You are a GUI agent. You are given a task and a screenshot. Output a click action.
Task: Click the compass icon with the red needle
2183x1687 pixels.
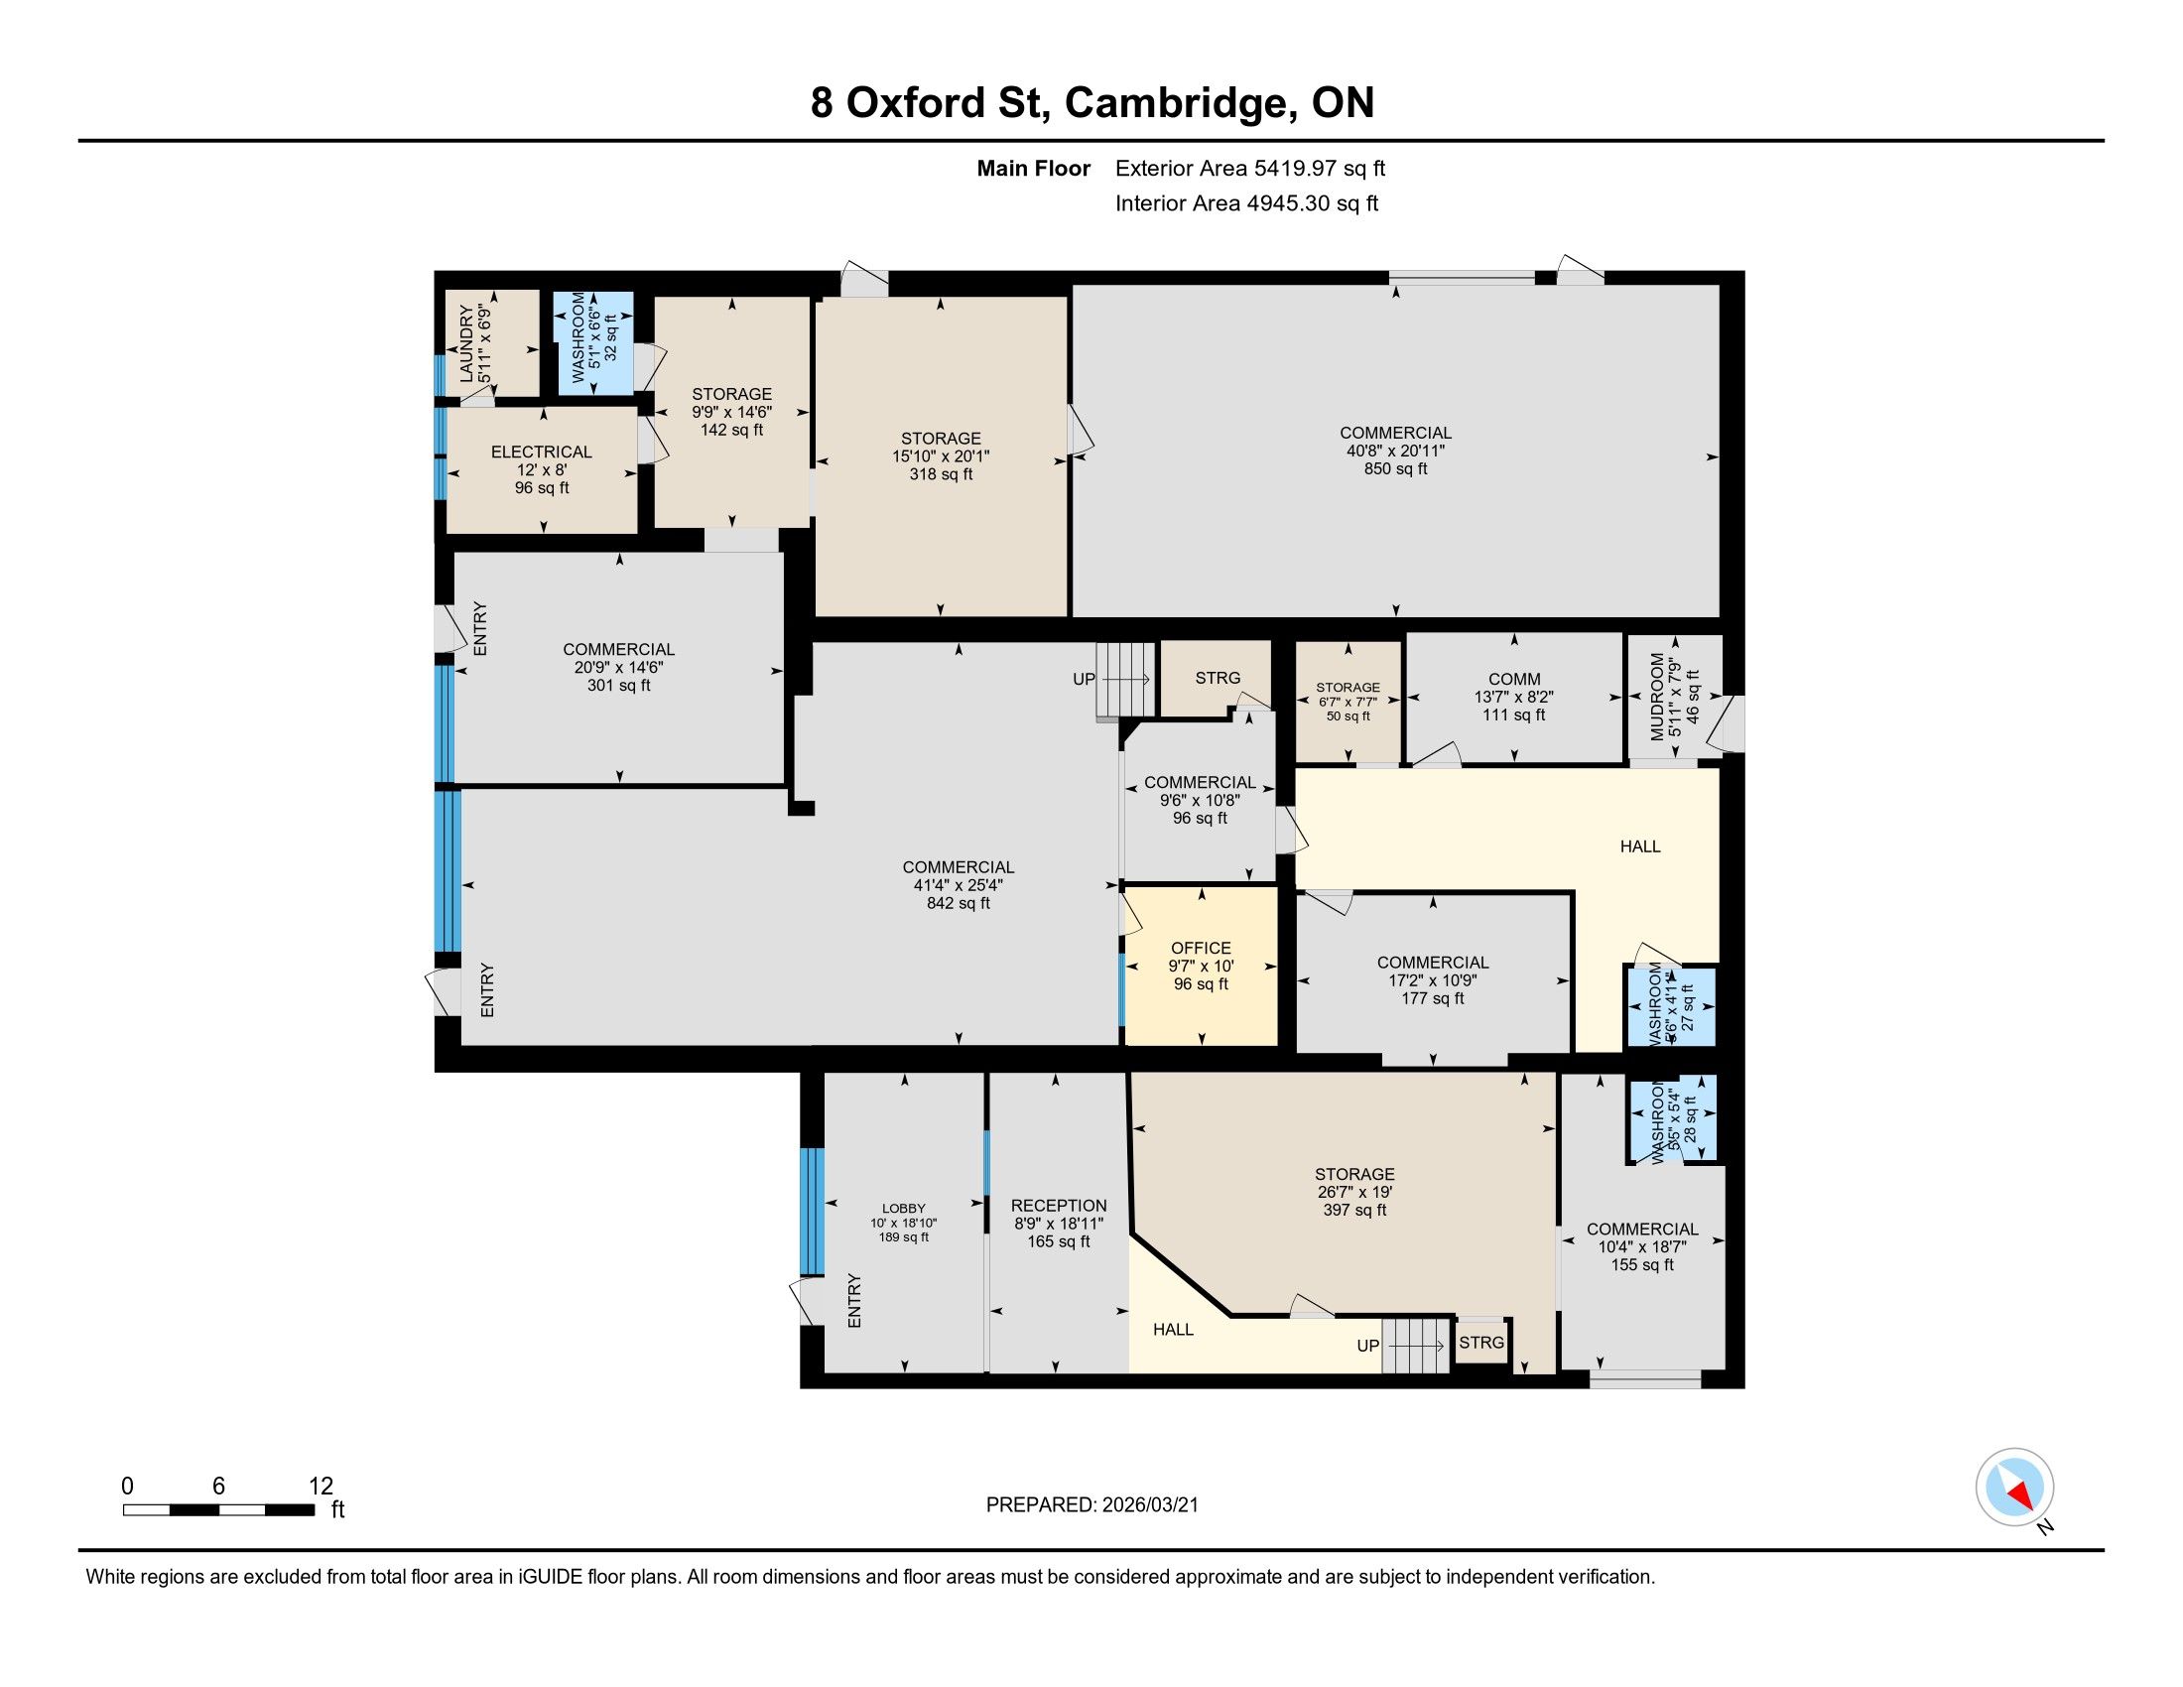click(x=2014, y=1487)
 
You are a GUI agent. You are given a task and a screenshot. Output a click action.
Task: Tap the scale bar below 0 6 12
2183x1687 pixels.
click(x=219, y=1509)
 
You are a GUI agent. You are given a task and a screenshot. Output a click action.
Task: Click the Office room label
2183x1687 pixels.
click(x=1201, y=948)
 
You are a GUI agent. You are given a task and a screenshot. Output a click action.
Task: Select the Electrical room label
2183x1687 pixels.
click(x=541, y=452)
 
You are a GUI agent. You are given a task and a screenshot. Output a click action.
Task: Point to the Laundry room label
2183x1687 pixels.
click(x=465, y=341)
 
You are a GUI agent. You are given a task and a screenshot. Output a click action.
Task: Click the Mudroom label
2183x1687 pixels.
click(x=1657, y=697)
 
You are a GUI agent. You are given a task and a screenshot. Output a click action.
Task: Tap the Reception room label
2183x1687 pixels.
click(x=1059, y=1206)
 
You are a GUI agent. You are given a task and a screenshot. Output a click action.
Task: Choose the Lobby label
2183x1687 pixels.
click(x=904, y=1208)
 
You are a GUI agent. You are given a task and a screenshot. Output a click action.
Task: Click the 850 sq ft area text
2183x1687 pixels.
click(x=1395, y=468)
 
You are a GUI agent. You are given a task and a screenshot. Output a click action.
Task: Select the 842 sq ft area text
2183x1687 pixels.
click(x=958, y=903)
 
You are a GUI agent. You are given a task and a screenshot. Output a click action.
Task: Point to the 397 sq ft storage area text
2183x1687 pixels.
click(x=1354, y=1211)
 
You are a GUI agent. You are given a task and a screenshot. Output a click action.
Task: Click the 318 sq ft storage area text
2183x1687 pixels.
click(x=941, y=474)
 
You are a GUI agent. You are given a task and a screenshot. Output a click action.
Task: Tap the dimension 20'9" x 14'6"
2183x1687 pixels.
click(x=619, y=668)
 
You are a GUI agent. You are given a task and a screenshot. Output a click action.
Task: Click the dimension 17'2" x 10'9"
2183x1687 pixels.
click(x=1432, y=980)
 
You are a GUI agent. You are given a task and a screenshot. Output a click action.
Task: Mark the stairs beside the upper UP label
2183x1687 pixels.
click(x=1125, y=680)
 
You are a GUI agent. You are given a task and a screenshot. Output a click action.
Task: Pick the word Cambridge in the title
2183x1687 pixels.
click(x=1176, y=103)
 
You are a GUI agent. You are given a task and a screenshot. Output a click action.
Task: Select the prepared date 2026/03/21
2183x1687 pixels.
click(x=1148, y=1505)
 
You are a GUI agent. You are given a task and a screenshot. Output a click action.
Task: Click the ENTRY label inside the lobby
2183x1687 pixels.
click(x=853, y=1300)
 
